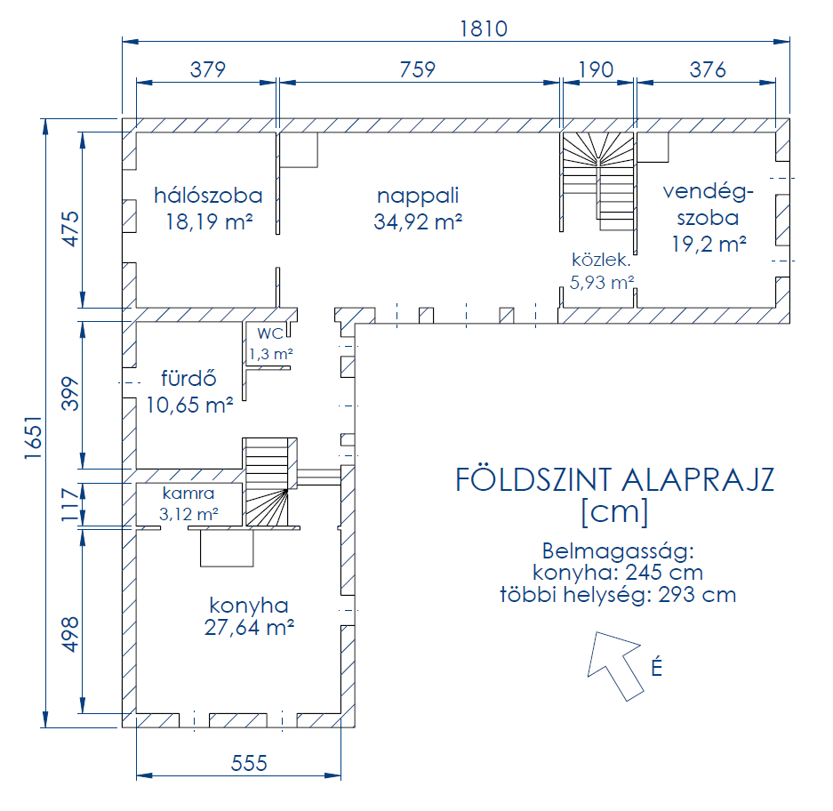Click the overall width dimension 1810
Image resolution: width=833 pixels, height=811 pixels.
(x=484, y=28)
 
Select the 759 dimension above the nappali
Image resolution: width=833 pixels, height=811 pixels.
(x=418, y=69)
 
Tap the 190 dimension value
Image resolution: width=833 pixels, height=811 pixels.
(x=596, y=69)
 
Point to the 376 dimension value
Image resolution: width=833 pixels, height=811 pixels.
(x=708, y=69)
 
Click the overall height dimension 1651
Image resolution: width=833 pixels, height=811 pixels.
(x=33, y=438)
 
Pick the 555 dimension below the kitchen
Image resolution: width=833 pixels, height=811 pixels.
(x=249, y=764)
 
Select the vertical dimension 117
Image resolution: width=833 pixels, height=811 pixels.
(x=70, y=505)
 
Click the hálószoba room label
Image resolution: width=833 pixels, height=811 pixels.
(x=208, y=196)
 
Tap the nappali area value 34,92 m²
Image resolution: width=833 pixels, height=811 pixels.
(x=418, y=221)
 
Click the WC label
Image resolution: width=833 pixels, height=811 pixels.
(x=270, y=333)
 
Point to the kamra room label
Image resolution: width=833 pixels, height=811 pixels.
(x=188, y=494)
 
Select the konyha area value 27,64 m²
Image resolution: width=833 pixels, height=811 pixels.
(x=249, y=628)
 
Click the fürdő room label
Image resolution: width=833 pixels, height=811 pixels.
(x=188, y=379)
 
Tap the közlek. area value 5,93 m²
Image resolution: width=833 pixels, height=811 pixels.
(x=602, y=282)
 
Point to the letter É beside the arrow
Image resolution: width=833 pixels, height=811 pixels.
(x=657, y=666)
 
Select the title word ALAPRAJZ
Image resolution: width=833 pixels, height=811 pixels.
(x=698, y=480)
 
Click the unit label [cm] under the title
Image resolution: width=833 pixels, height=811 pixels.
(x=615, y=512)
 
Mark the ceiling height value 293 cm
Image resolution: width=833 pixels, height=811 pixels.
(x=698, y=595)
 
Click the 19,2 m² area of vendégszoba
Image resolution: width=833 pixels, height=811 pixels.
(x=709, y=244)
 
